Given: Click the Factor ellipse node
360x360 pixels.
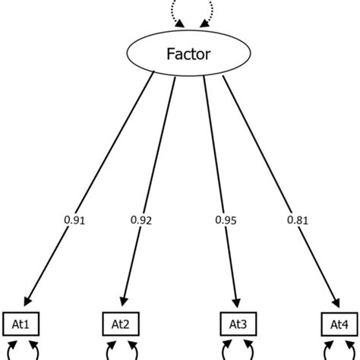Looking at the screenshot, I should click(x=179, y=54).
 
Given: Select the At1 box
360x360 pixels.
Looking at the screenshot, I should click(x=22, y=324).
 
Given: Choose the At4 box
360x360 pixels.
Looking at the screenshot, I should click(x=338, y=324).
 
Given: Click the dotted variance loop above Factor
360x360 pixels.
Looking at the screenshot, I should click(x=179, y=9).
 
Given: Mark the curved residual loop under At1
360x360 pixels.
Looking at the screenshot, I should click(x=22, y=351).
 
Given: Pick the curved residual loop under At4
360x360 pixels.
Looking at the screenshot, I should click(x=338, y=351).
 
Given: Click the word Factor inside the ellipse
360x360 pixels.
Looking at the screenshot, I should click(x=179, y=54).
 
